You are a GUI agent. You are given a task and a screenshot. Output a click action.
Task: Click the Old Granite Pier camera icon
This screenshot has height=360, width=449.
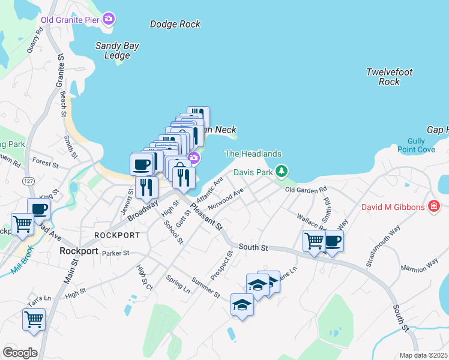pos(109,19)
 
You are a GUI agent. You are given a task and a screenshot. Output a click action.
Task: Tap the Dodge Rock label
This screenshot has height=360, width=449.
pos(175,25)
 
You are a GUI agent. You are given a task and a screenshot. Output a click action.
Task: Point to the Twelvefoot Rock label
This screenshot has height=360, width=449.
pos(390,77)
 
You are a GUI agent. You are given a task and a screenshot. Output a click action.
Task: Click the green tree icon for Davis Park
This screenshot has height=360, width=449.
pos(280,172)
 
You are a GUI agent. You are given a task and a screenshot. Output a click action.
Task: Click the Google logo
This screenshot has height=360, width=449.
pos(20,352)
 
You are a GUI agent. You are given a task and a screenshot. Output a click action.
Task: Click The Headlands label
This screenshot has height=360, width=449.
pos(245,154)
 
